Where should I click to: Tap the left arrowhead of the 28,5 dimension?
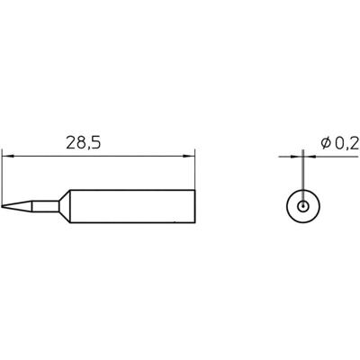(x=7, y=156)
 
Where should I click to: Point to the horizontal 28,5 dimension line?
(x=99, y=156)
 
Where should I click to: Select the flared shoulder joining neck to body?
(x=66, y=206)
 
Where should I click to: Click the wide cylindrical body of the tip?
(x=135, y=206)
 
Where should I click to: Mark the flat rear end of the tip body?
(x=196, y=206)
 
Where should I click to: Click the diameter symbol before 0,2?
(x=326, y=142)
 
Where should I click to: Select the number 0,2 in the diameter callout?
(x=345, y=142)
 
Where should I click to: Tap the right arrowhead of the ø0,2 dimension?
(x=310, y=156)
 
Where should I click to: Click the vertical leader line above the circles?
(x=304, y=175)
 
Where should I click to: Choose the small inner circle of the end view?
(x=304, y=206)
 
